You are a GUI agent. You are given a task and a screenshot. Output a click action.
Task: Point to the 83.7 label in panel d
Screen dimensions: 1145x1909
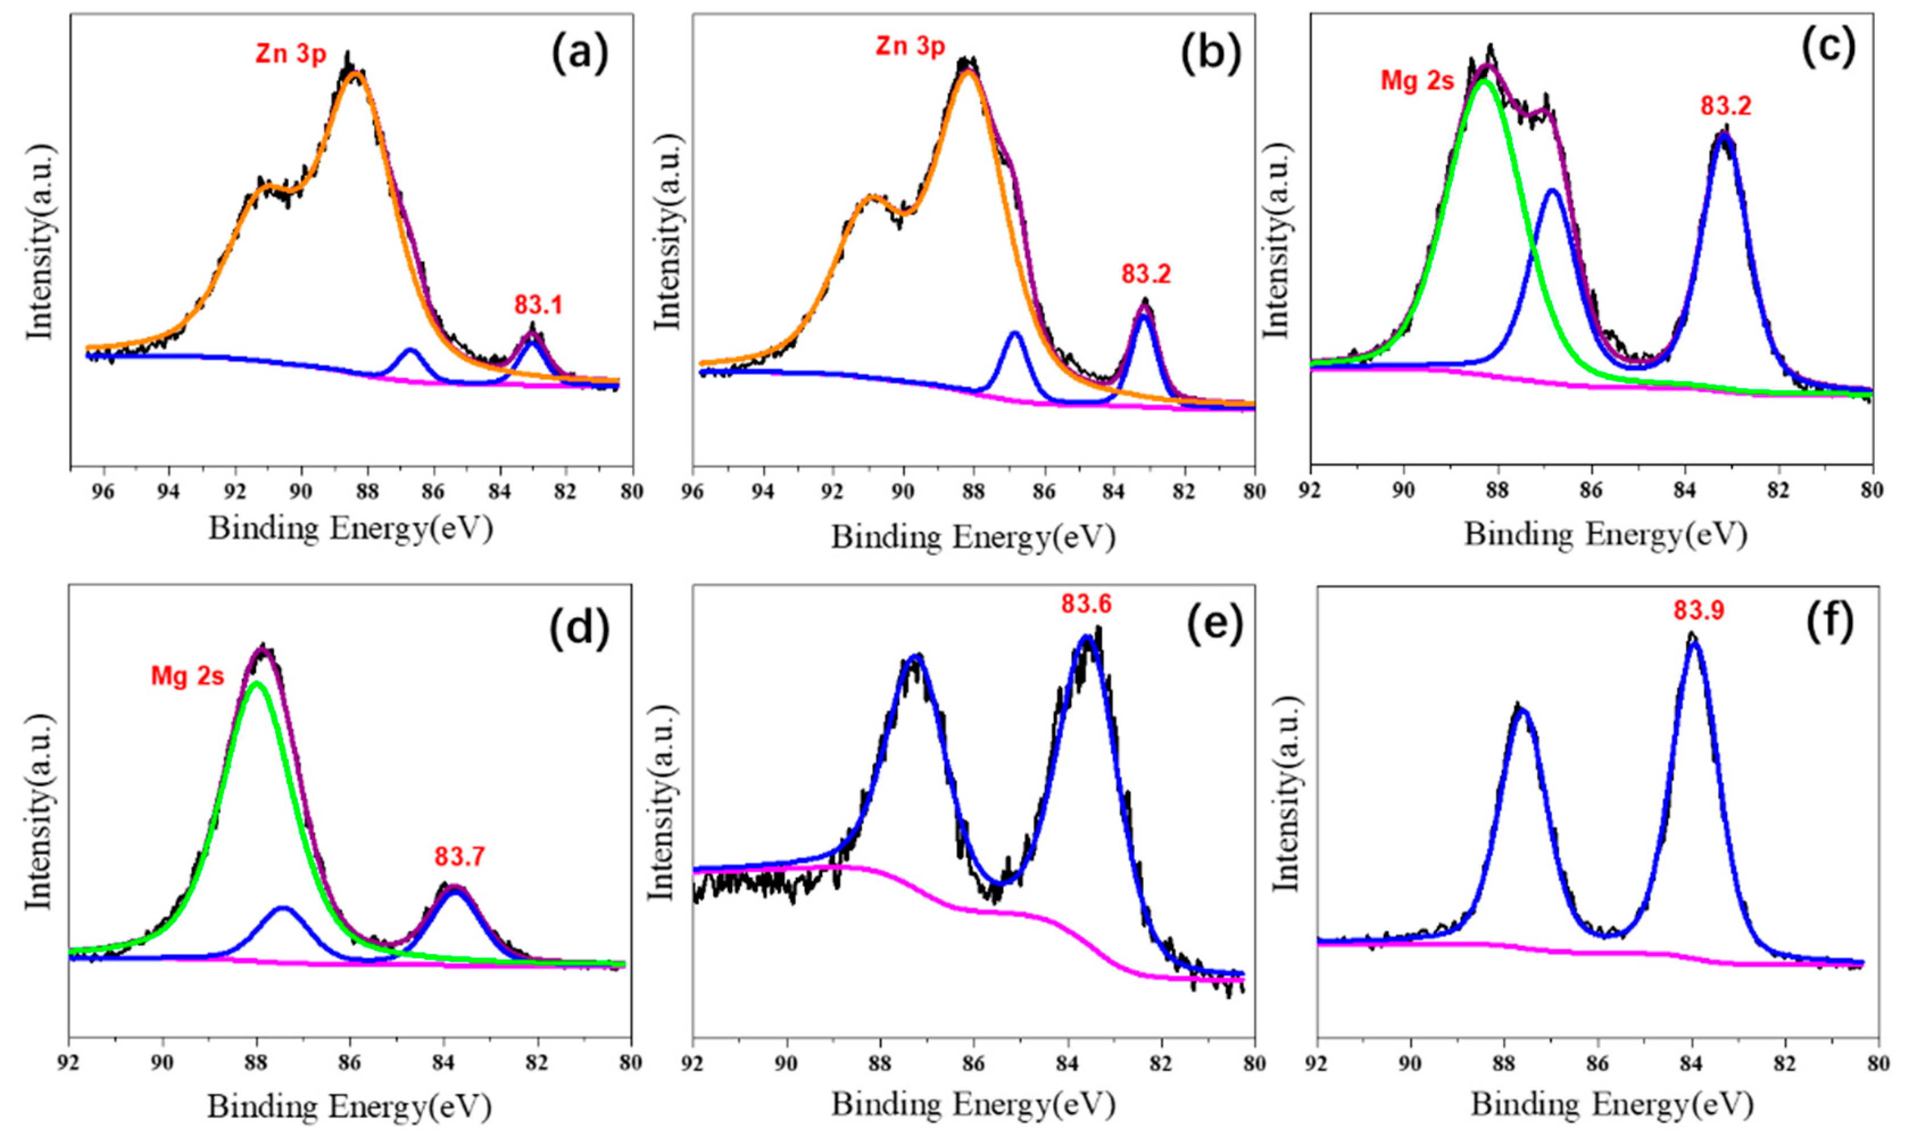coord(459,857)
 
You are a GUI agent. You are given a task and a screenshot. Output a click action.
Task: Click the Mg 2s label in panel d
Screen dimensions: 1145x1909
coord(188,677)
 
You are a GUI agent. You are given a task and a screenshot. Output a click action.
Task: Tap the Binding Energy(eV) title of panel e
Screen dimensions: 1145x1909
coord(973,1106)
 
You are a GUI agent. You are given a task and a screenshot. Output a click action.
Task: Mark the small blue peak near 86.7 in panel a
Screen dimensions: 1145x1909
coord(410,351)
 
